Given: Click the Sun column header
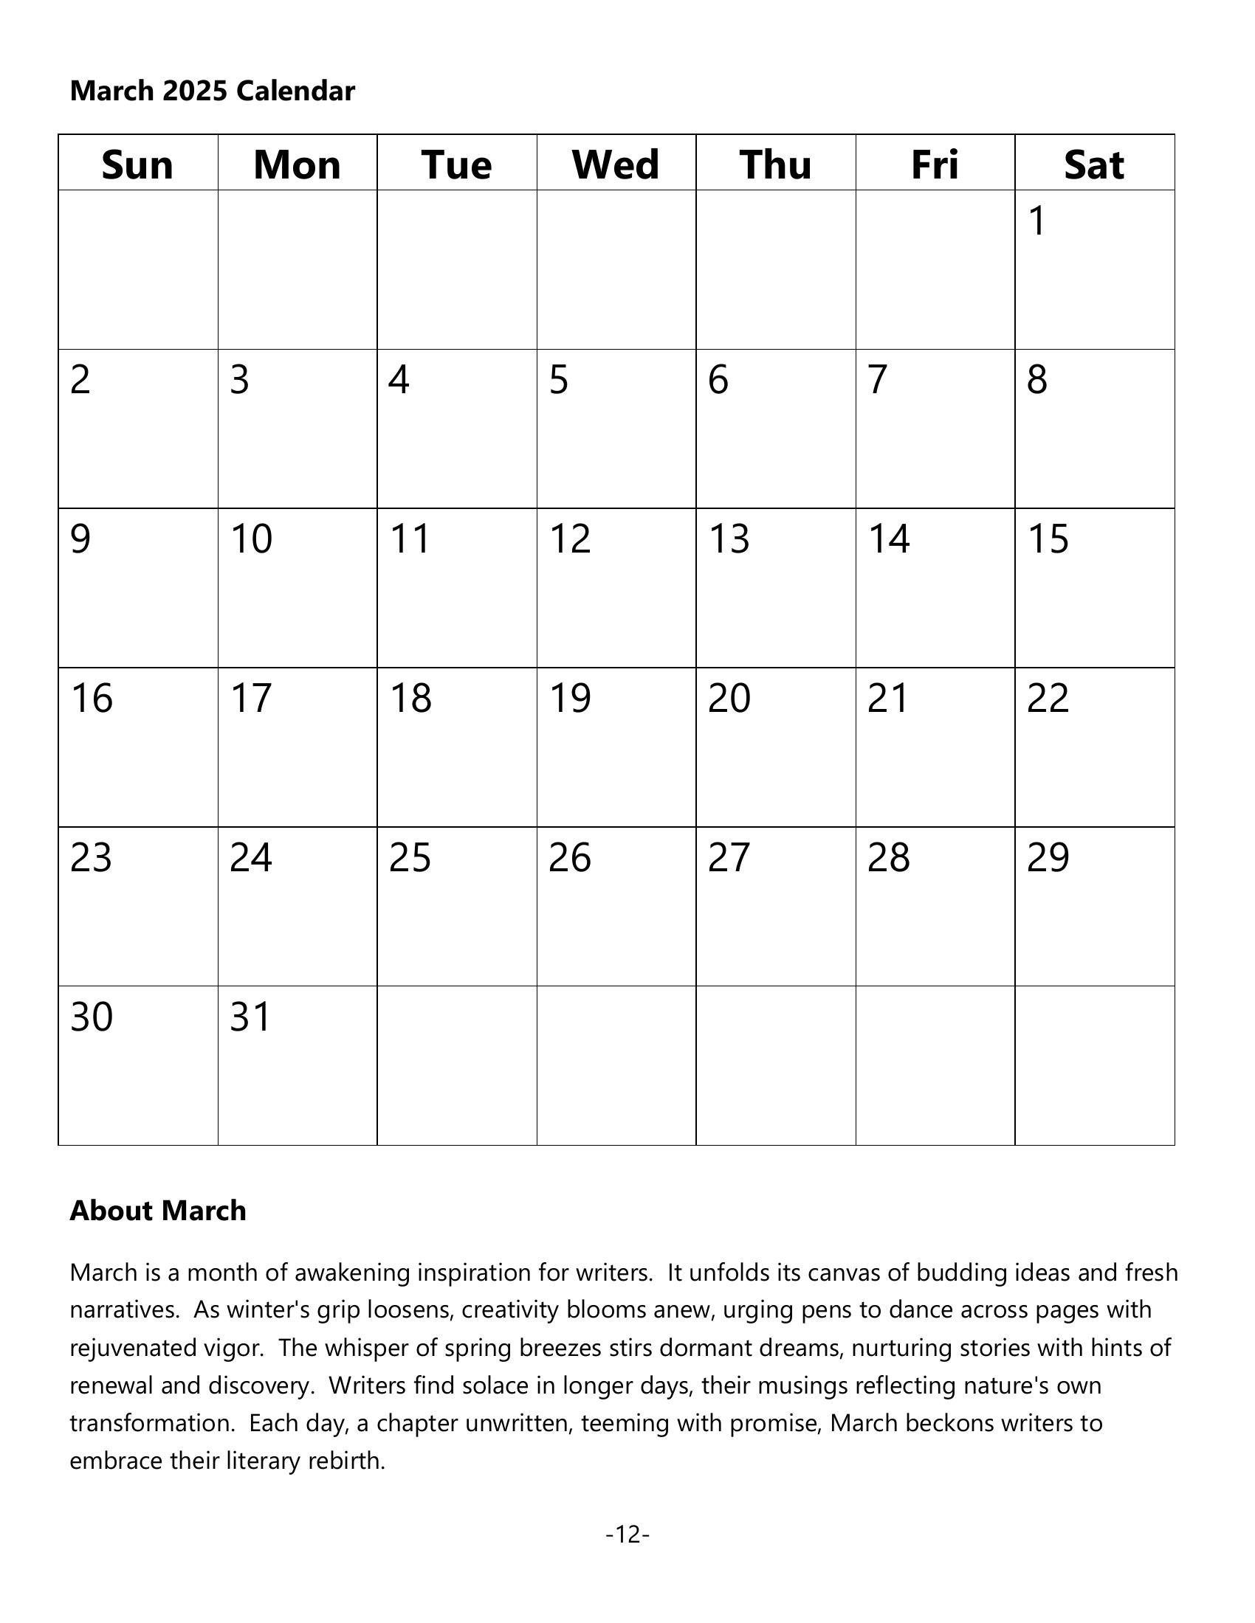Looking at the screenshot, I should [137, 165].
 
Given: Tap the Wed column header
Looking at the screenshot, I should [616, 165].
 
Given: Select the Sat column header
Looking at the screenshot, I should [1093, 165].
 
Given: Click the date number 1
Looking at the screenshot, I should [1037, 221].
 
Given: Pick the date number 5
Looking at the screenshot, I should [558, 380].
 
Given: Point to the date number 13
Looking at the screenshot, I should [729, 539].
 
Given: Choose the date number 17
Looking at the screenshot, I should [251, 699].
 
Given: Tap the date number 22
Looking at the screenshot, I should [1048, 699].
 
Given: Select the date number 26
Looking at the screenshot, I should [569, 857].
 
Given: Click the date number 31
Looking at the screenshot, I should [250, 1017].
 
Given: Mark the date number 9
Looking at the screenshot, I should [80, 539].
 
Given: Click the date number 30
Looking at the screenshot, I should [92, 1017].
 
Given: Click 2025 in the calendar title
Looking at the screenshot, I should [195, 91].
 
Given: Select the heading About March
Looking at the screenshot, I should [158, 1211].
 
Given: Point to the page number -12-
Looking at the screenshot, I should [627, 1534].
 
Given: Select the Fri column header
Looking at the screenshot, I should [935, 165].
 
